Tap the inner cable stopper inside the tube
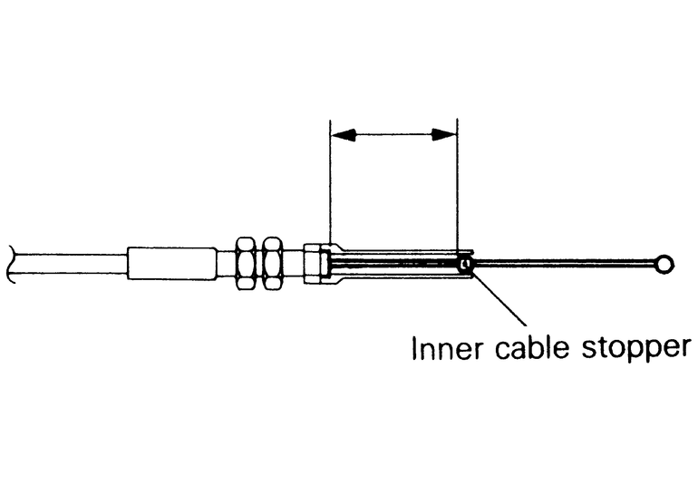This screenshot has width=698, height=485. tap(465, 265)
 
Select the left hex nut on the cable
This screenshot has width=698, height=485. tap(245, 264)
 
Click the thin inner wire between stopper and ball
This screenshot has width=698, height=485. tap(562, 264)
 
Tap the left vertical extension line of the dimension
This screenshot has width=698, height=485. tap(330, 190)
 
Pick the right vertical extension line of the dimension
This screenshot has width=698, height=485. tap(457, 190)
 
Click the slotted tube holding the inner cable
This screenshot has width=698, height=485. tap(399, 264)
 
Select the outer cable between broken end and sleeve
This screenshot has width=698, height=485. tap(73, 265)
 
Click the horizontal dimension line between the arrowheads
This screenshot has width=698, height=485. tap(393, 136)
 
